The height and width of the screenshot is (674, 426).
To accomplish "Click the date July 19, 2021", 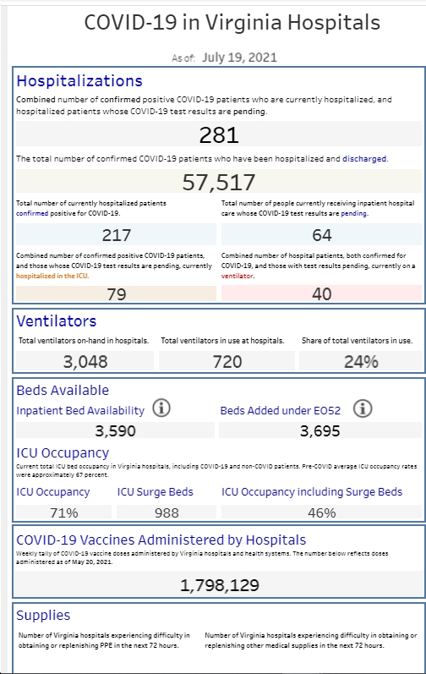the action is tap(240, 58).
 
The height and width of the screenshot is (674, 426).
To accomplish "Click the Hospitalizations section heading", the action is tap(79, 81).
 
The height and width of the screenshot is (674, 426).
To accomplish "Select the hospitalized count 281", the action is tap(219, 135).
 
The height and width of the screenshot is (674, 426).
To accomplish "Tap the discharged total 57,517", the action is tap(219, 183).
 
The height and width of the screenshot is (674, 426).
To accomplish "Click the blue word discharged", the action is tap(364, 159).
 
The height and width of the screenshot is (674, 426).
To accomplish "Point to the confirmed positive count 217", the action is tap(117, 235).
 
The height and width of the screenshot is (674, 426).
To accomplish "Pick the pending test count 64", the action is tap(322, 235).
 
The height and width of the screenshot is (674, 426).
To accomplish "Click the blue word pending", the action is tap(354, 213).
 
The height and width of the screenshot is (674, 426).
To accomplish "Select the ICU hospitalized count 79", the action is tap(117, 294).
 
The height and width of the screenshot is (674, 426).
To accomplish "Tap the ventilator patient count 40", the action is tap(322, 294).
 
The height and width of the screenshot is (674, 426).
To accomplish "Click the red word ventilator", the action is tap(237, 276).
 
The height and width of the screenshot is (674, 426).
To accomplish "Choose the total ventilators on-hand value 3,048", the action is tap(85, 361).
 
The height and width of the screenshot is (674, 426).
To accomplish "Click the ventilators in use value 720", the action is tap(227, 361).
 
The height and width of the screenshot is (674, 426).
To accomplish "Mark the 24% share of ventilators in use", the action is tap(361, 361).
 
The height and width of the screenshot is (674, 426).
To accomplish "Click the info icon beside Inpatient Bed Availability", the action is tap(161, 408).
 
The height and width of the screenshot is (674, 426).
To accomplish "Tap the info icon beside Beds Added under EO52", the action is tap(363, 408).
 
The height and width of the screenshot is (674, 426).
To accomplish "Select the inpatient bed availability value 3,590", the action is tap(116, 430).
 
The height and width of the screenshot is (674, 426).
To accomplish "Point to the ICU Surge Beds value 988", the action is tap(167, 512).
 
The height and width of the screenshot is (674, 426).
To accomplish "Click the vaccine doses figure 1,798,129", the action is tap(220, 585).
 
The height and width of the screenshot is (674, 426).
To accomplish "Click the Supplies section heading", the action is tap(43, 616).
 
